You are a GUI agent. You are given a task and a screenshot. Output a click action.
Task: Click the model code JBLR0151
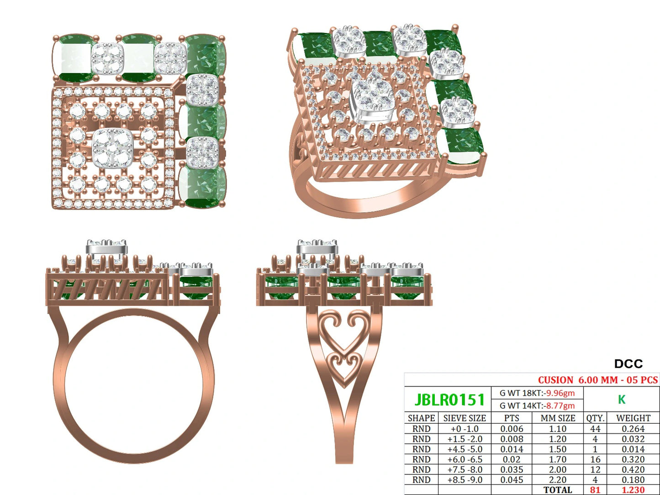(x=449, y=400)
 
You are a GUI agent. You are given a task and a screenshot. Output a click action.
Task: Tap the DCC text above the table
(x=628, y=364)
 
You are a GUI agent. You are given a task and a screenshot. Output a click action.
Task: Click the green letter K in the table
(x=622, y=400)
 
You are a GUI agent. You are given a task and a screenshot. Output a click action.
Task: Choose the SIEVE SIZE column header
(x=465, y=418)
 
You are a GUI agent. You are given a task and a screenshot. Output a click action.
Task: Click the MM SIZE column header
(x=558, y=418)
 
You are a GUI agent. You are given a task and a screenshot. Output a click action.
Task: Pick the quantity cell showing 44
(x=595, y=429)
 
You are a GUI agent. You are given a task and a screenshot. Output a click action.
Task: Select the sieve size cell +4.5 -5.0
(x=465, y=449)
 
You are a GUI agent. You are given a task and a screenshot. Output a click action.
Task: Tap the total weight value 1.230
(x=633, y=490)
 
